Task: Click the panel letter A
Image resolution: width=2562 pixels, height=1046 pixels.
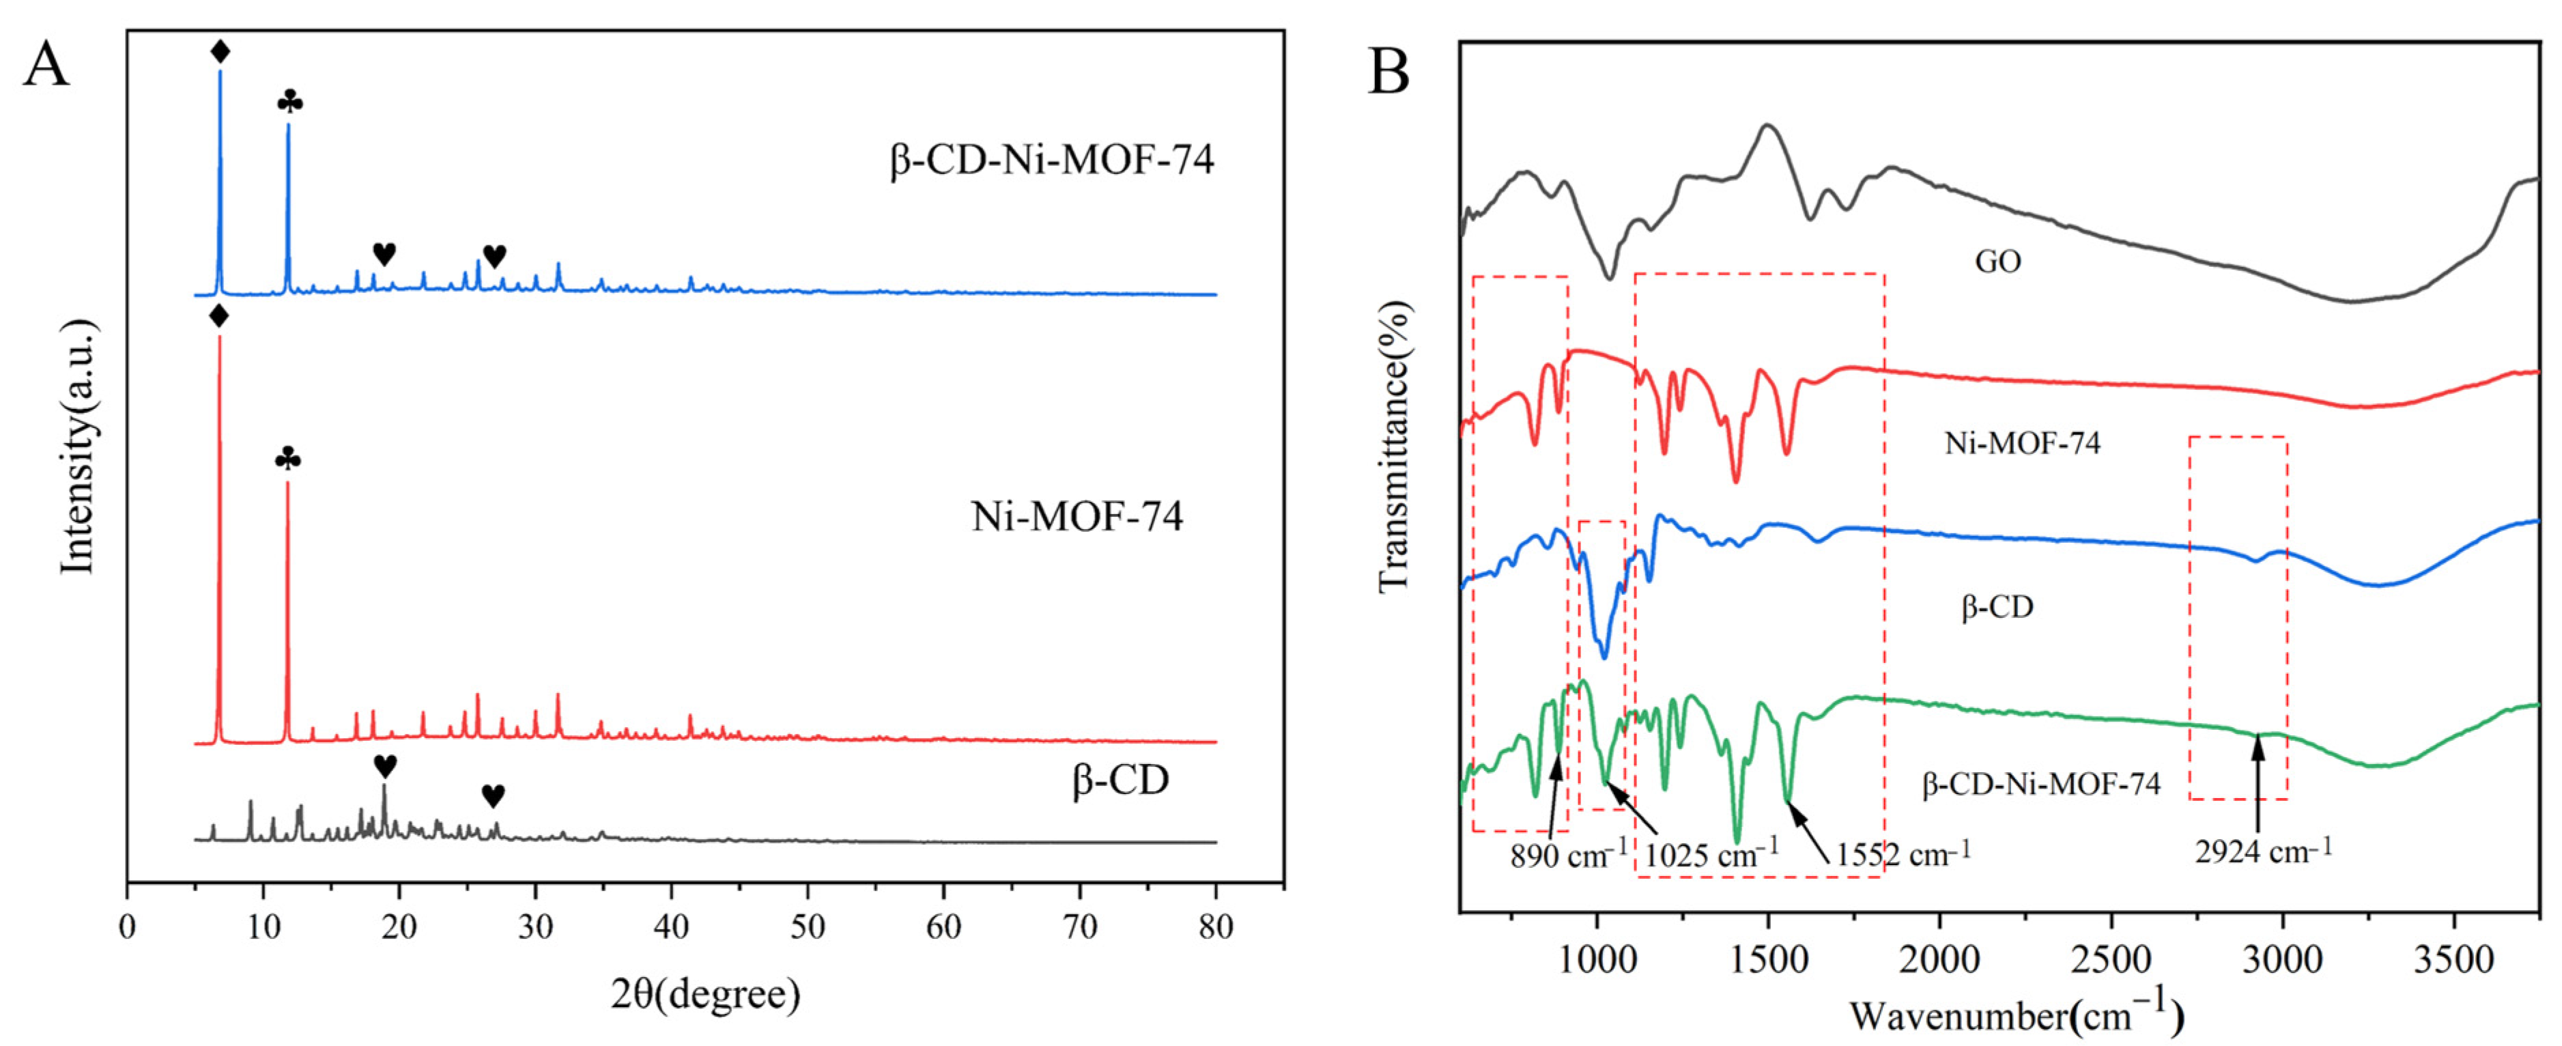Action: coord(46,66)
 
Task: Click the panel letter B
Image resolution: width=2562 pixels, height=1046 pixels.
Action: coord(1389,72)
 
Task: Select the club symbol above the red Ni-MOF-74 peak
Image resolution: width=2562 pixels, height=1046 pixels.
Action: coord(287,458)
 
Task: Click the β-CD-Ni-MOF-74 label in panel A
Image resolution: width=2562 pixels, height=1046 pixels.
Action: coord(1051,160)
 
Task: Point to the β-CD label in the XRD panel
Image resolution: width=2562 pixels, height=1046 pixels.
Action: coord(1120,780)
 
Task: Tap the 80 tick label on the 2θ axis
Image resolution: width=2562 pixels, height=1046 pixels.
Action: coord(1215,927)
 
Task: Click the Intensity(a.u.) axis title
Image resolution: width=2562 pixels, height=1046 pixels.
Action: coord(78,447)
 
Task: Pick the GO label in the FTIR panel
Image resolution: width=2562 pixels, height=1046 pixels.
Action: coord(1997,261)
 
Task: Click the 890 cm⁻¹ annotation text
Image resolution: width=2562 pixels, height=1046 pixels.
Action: coord(1569,855)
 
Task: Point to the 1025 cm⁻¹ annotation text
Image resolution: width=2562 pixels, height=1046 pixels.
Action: coord(1711,854)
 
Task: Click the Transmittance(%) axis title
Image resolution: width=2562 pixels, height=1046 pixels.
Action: coord(1395,447)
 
